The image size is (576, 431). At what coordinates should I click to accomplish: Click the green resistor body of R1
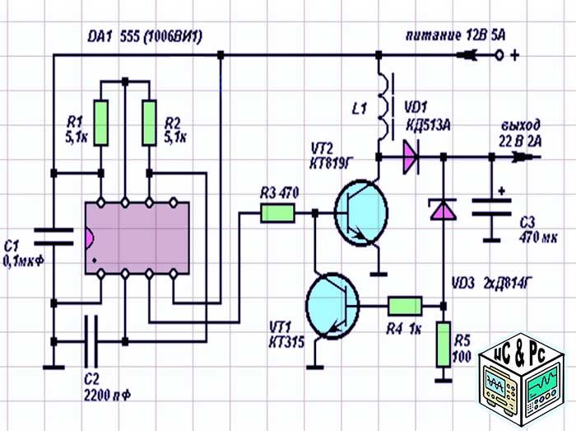[x=100, y=123]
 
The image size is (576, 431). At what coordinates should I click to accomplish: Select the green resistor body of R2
[x=149, y=123]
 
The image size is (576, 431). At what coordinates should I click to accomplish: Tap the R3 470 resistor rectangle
[x=278, y=213]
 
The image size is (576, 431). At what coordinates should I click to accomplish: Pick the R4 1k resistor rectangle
[x=405, y=306]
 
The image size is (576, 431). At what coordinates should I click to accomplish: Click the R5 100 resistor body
[x=444, y=344]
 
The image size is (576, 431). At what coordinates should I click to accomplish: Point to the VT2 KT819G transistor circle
[x=361, y=213]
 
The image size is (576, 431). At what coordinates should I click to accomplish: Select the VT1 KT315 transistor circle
[x=332, y=306]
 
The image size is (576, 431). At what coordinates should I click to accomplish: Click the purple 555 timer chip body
[x=137, y=237]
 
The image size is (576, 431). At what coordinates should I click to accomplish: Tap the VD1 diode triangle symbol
[x=411, y=157]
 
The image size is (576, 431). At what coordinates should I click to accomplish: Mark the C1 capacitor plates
[x=53, y=237]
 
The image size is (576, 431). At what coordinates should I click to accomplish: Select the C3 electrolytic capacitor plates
[x=491, y=208]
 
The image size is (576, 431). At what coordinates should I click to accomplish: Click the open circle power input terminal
[x=499, y=55]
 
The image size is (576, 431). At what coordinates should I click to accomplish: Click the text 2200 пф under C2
[x=107, y=396]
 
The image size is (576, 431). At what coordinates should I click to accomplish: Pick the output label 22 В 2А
[x=520, y=142]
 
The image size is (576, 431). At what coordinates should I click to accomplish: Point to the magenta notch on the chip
[x=90, y=237]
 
